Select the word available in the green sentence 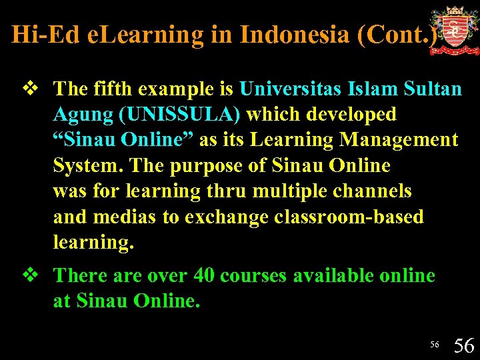341,275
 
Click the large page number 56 464,345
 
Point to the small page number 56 435,345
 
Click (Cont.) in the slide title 398,35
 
